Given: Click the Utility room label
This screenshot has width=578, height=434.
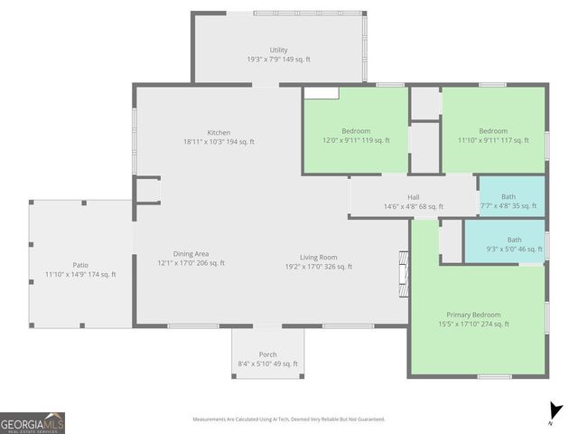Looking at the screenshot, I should pos(278,50).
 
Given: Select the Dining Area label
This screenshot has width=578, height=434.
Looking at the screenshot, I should pos(191,253).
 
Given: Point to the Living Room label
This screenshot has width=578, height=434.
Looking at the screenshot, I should pos(319,257).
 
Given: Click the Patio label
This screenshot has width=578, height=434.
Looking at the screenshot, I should pos(80,265).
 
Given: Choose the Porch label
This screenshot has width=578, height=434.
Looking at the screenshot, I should pos(267,354).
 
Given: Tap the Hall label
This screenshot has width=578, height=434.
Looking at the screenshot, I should pos(413,197).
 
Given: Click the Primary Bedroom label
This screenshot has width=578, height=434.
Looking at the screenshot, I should pos(472,315).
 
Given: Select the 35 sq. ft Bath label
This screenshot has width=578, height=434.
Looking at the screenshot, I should pos(508,197).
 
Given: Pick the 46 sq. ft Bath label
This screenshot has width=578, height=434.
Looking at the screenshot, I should pos(514,240).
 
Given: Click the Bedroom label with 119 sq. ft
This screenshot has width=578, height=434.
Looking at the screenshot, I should pos(355,131).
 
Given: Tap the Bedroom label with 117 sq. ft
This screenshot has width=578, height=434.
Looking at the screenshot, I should pos(493,131).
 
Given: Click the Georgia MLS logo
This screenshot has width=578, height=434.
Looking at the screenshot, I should pos(33,423).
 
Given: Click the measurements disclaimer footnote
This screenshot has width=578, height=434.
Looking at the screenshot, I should pos(289,419).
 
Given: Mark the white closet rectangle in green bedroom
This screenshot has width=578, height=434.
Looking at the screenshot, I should pos(321,92).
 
